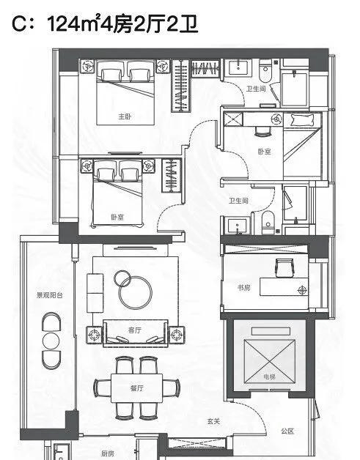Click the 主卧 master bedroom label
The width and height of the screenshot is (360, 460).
125,116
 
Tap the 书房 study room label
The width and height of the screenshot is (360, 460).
243,288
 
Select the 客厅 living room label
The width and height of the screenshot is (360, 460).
135,330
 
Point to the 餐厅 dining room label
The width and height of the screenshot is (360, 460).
137,388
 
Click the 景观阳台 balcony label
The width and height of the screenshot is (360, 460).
50,295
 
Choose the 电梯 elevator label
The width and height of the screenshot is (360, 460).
269,376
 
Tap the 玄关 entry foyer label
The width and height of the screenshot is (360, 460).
213,421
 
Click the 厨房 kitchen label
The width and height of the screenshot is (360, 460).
108,453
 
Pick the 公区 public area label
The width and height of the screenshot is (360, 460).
287,431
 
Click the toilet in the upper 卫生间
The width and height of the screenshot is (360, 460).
265,71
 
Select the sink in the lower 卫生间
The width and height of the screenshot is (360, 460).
238,226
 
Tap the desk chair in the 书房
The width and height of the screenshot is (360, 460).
284,268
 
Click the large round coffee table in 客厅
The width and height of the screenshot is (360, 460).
136,292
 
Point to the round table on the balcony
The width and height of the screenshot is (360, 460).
51,341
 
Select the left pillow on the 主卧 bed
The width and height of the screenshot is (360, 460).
111,75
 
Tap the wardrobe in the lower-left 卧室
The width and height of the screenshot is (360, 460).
172,176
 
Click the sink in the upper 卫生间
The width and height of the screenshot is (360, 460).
239,68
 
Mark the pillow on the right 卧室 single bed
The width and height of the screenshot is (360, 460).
302,120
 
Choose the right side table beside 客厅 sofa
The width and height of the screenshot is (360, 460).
177,335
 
